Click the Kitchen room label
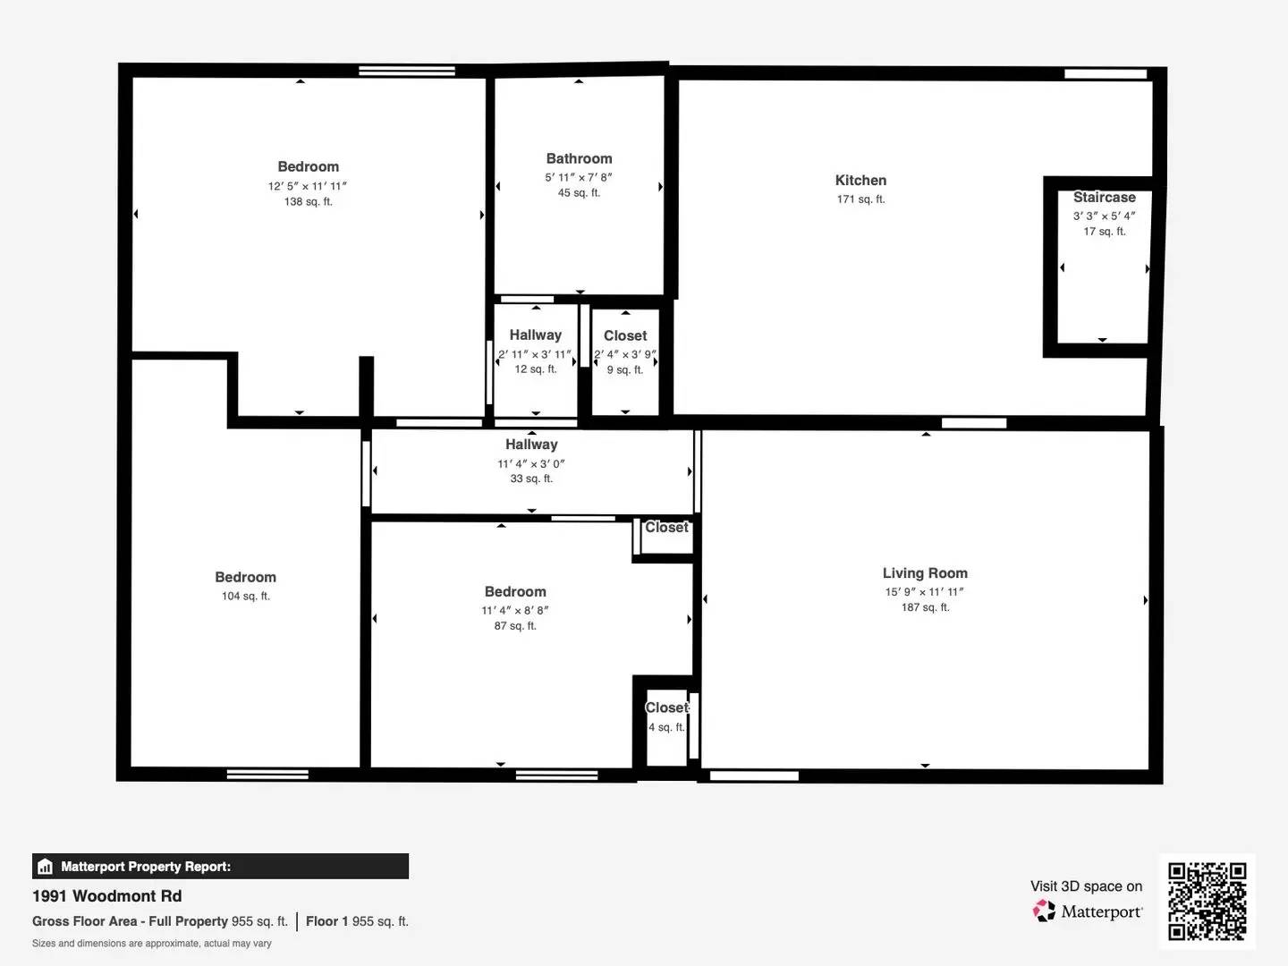tap(860, 181)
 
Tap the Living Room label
tap(925, 573)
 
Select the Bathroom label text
tap(579, 158)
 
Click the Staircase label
tap(1104, 198)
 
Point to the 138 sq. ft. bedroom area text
tap(308, 202)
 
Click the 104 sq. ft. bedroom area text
tap(245, 597)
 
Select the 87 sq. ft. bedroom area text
tap(515, 626)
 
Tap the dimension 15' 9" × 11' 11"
tap(925, 592)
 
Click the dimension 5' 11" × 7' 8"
tap(579, 177)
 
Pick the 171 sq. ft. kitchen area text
tap(860, 199)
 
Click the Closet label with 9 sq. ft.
tap(625, 336)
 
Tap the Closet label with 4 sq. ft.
tap(666, 708)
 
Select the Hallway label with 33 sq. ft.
tap(531, 445)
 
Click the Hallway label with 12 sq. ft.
tap(535, 335)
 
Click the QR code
tap(1207, 901)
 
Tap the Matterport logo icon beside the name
tap(1044, 911)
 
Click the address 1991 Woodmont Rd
tap(107, 896)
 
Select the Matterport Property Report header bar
tap(220, 866)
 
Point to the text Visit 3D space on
tap(1086, 886)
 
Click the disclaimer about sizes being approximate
tap(152, 944)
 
